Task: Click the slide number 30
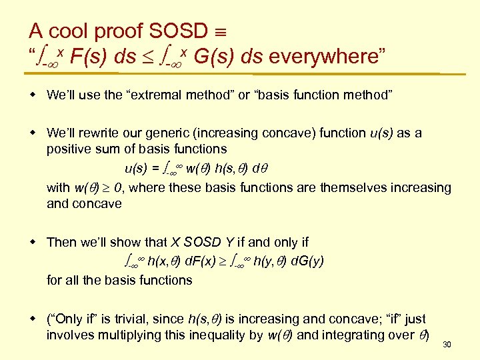[447, 345]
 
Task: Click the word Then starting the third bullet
[62, 242]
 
